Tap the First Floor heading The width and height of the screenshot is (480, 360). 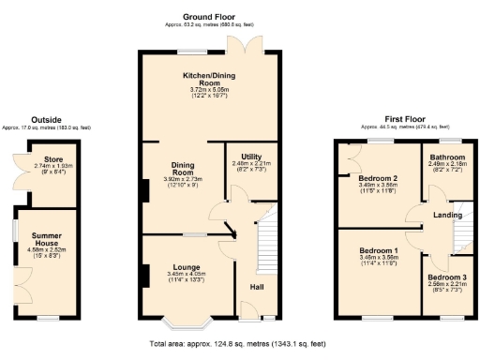[x=406, y=120]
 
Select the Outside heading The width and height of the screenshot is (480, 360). [x=46, y=119]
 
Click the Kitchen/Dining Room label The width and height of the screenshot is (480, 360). [x=197, y=80]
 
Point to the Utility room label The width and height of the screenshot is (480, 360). [x=250, y=157]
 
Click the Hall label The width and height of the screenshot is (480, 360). [x=255, y=286]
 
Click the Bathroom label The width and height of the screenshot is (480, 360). [x=446, y=157]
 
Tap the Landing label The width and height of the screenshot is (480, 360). [x=445, y=217]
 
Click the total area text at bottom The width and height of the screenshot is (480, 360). [x=238, y=344]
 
